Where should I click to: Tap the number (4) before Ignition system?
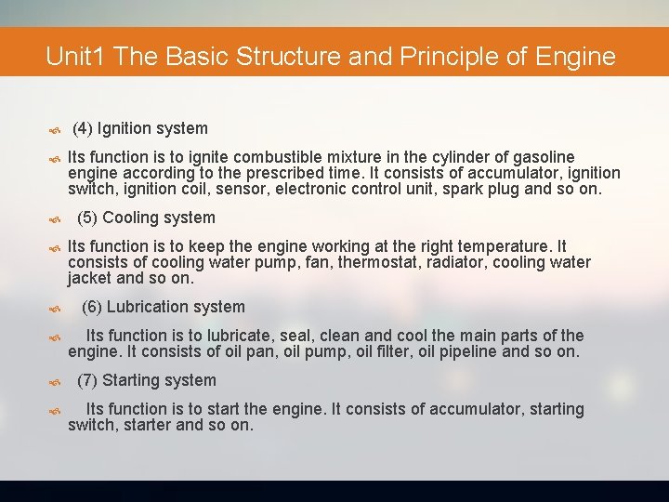(82, 128)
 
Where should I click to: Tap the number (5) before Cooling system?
(87, 218)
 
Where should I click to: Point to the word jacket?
(90, 278)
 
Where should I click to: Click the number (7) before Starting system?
(87, 380)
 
